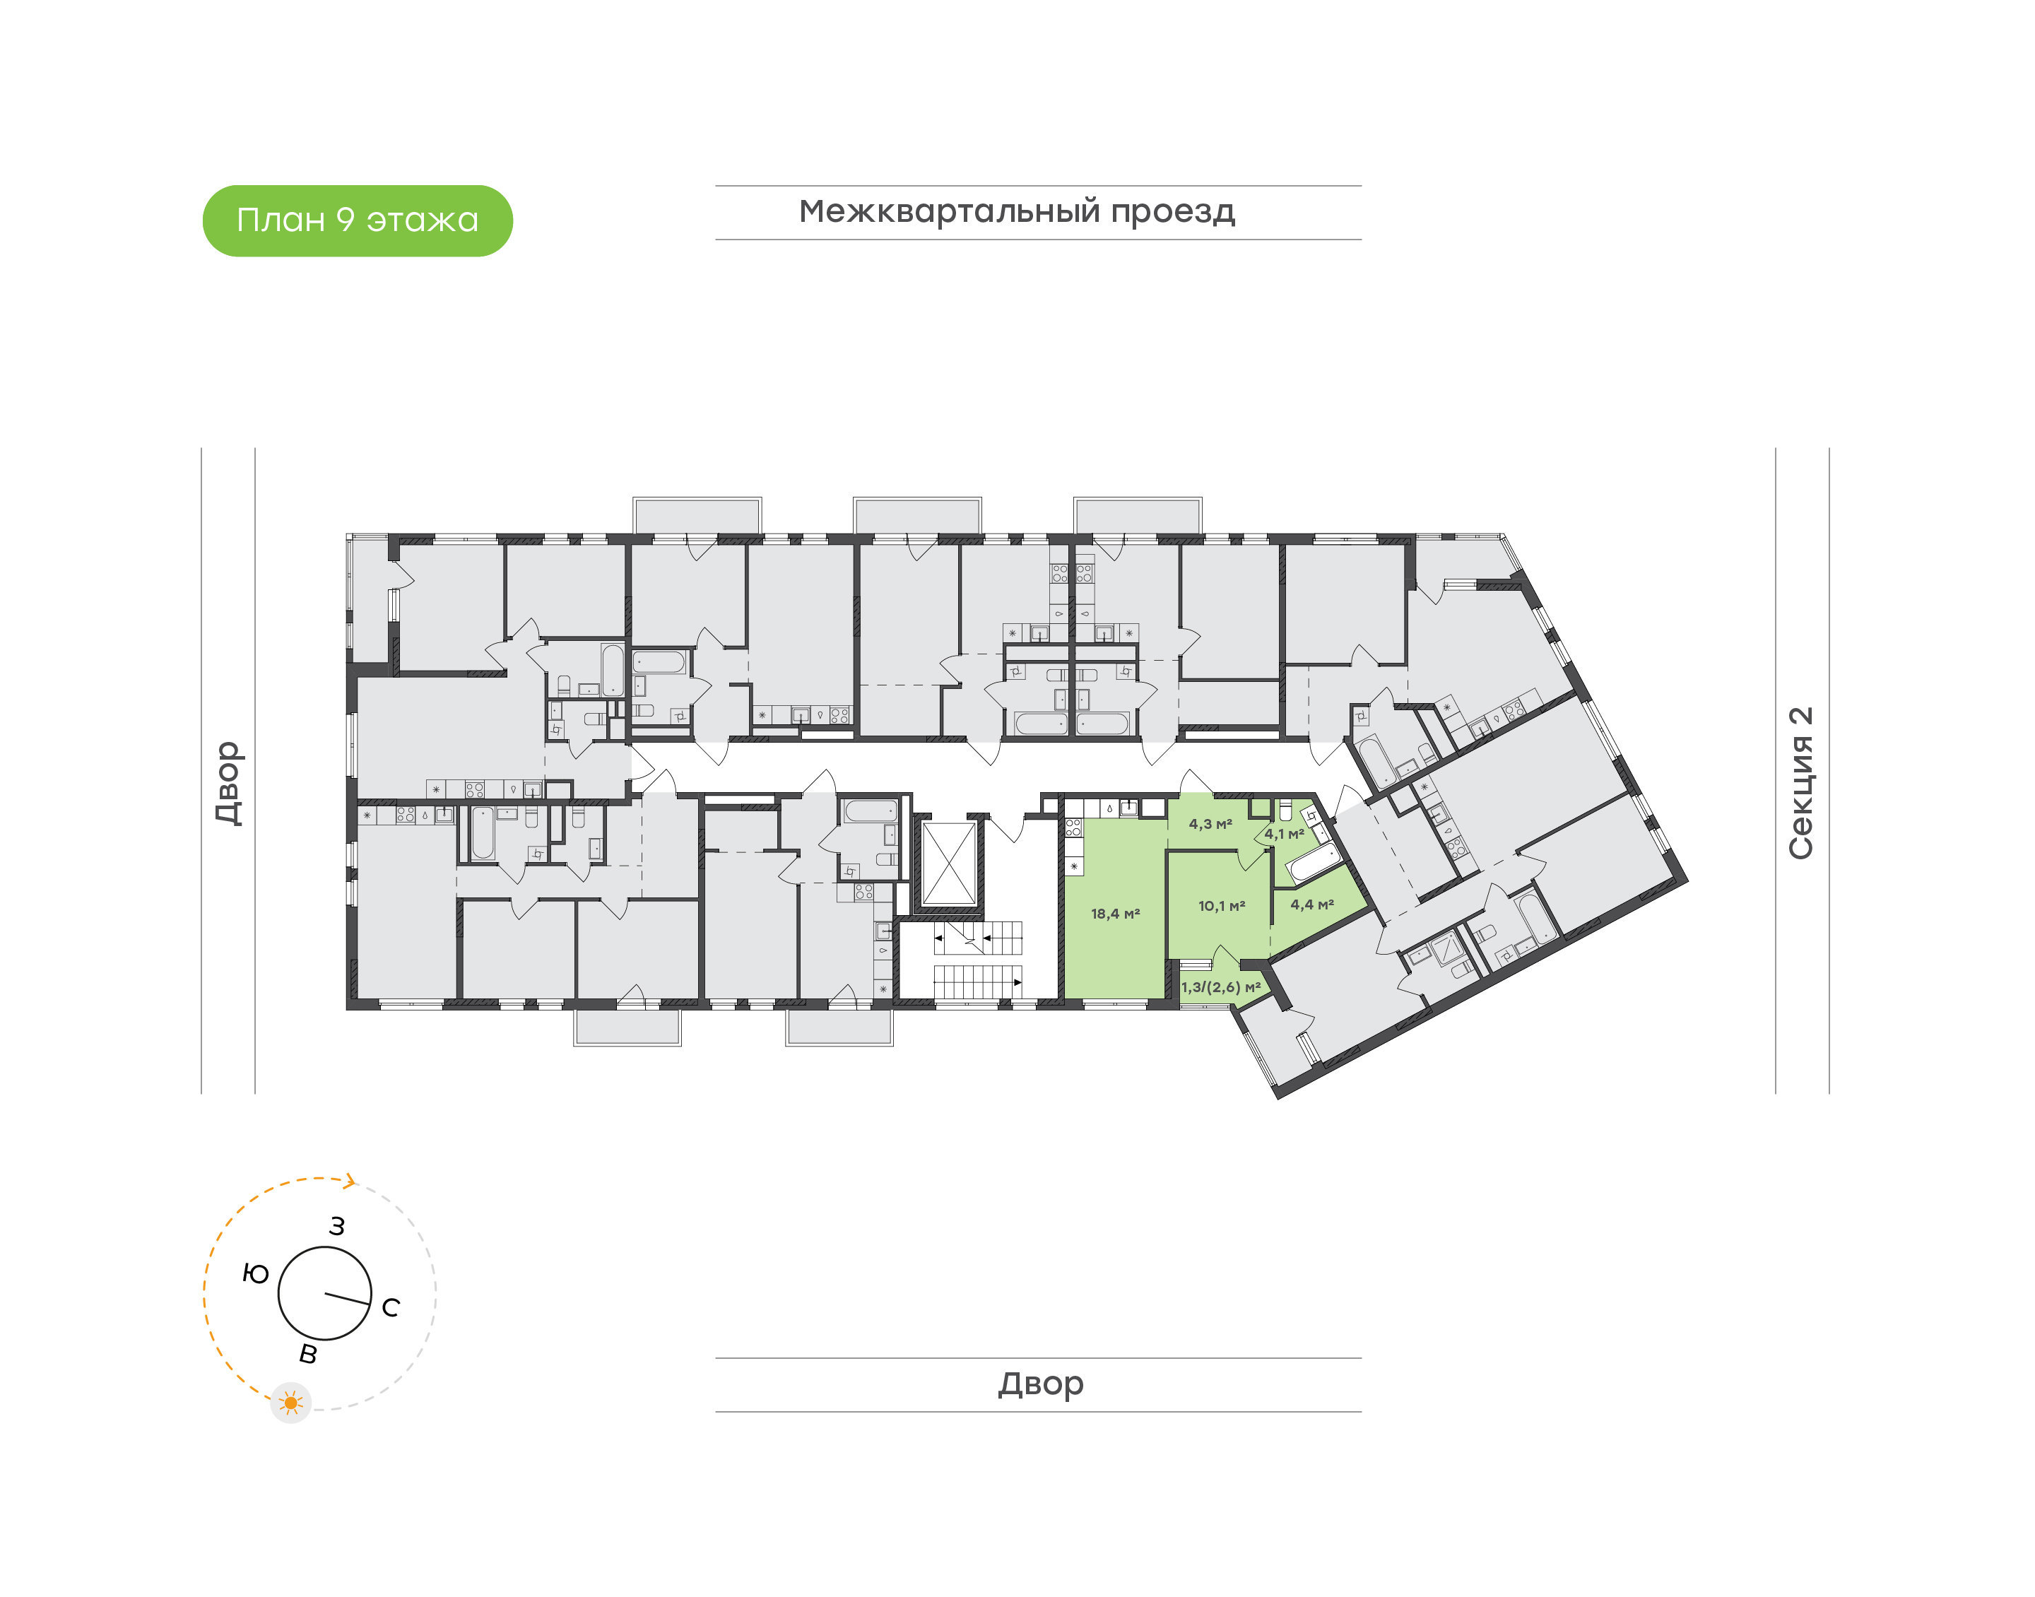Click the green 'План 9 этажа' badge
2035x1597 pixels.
(357, 220)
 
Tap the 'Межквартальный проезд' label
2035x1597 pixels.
(1016, 212)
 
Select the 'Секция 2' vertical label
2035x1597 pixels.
(1800, 783)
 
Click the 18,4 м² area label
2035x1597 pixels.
(1115, 914)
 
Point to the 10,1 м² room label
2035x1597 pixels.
(1222, 906)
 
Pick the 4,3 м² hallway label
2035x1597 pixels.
(1210, 824)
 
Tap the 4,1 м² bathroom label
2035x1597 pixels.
(1285, 834)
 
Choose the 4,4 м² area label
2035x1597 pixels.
(1312, 904)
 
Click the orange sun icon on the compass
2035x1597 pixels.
(290, 1403)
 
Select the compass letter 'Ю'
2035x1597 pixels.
(255, 1273)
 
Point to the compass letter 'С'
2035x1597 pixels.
(391, 1307)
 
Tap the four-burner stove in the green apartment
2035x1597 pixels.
(1073, 827)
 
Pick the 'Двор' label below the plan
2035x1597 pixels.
(1040, 1384)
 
